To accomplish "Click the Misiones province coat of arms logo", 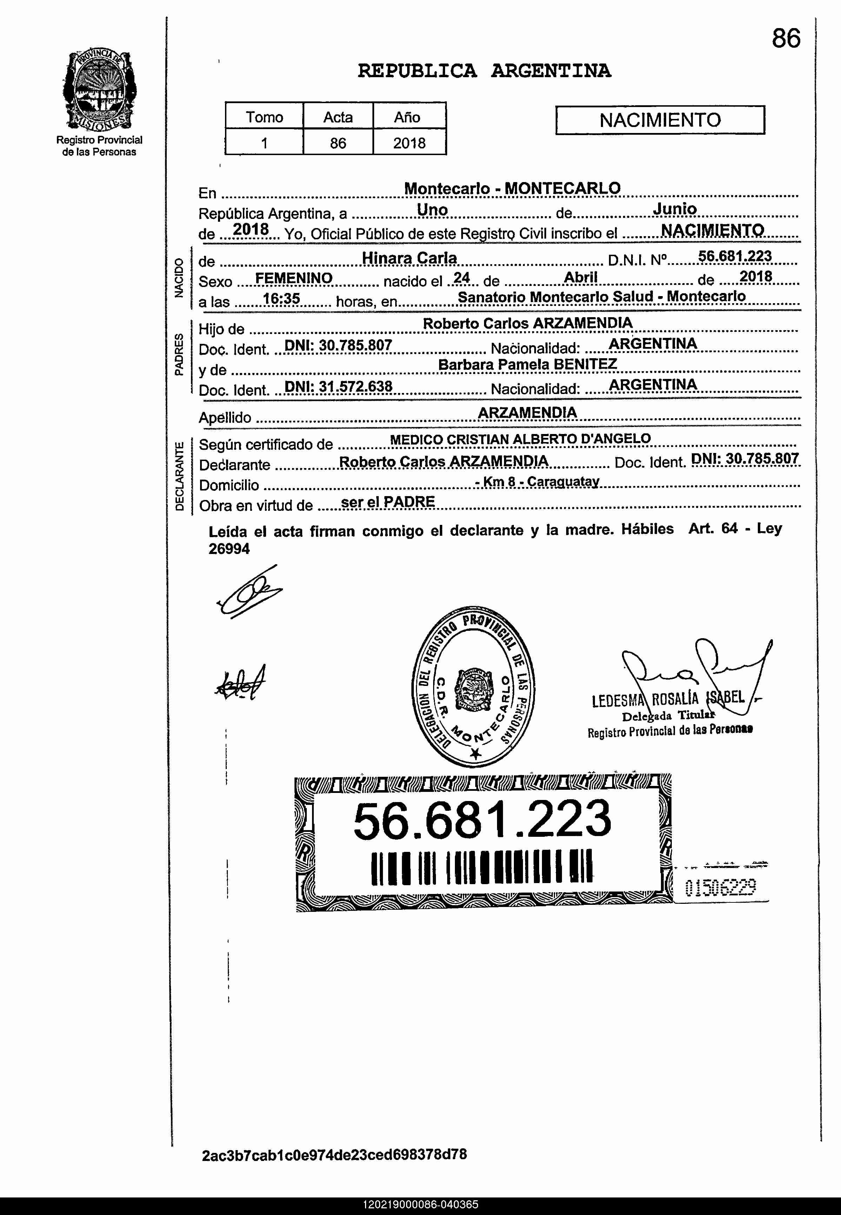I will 99,90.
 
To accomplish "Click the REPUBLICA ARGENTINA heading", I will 484,71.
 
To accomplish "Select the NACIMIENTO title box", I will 660,120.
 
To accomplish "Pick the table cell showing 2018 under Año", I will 409,143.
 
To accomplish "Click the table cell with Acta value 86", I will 338,143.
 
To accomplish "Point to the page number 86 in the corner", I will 786,39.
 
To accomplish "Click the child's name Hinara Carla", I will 409,258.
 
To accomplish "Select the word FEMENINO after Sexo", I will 293,278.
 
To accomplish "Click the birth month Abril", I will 580,278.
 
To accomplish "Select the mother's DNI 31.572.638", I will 338,387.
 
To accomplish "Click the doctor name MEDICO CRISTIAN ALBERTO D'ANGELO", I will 520,439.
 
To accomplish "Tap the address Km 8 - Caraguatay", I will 537,481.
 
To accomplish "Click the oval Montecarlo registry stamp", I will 473,685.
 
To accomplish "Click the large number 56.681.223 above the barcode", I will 482,820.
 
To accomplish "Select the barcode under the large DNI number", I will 482,868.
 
